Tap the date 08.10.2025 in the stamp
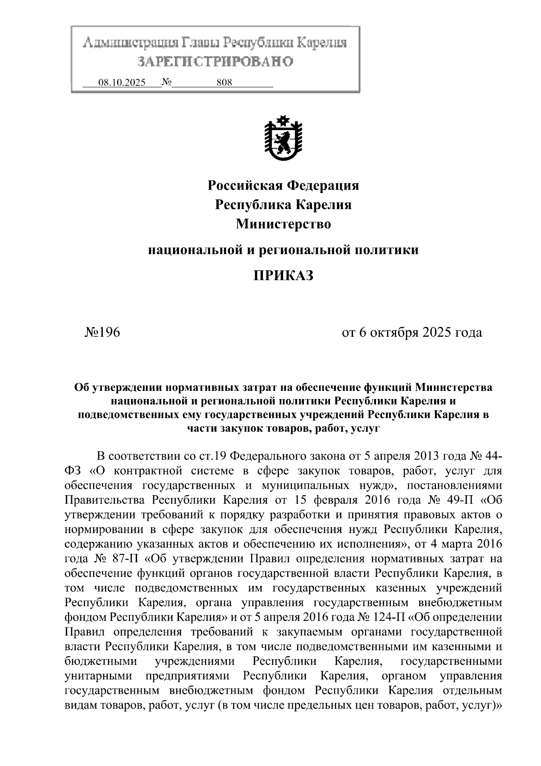pos(122,83)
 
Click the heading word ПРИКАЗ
pos(283,275)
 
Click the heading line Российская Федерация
pos(283,185)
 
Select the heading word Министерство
pos(283,224)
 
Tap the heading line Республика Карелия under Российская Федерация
pos(283,204)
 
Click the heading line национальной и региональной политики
pos(283,249)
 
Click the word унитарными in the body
pos(98,676)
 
